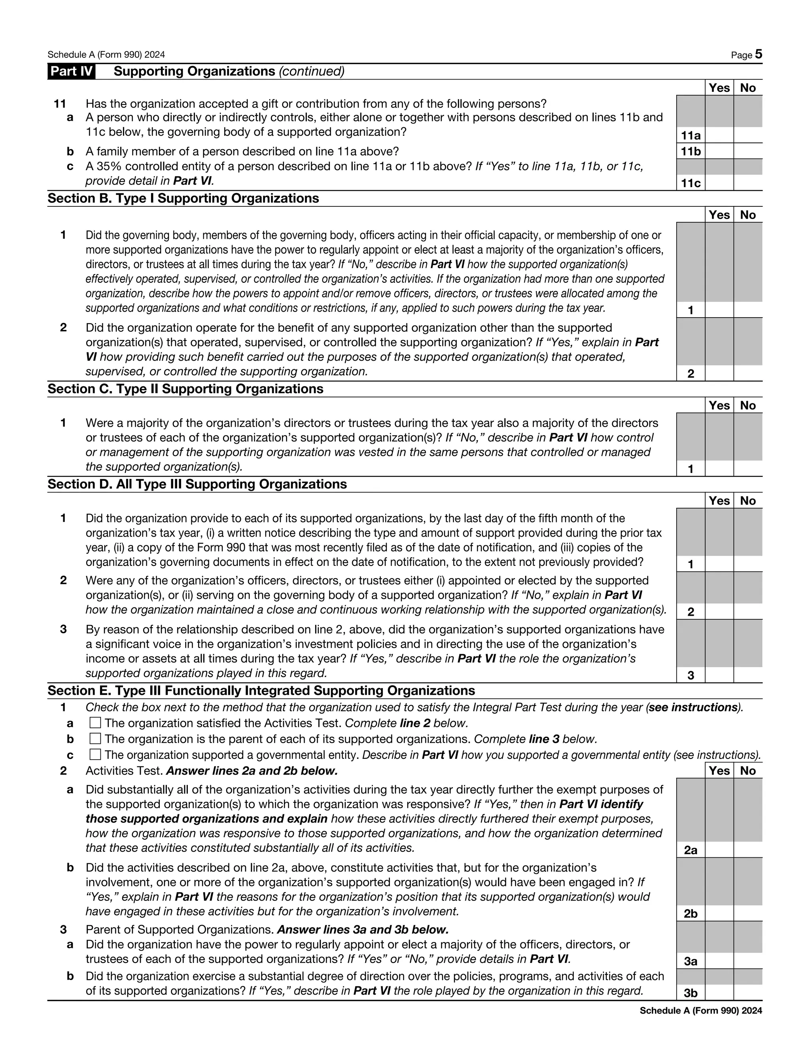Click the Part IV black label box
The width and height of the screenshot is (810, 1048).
[x=71, y=72]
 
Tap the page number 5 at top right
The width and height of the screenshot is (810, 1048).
[x=758, y=54]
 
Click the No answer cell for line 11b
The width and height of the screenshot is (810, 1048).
[x=748, y=151]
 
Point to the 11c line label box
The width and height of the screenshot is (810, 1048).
[x=691, y=183]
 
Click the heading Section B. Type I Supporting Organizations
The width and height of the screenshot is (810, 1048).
[x=183, y=199]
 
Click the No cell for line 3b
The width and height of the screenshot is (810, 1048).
[x=748, y=992]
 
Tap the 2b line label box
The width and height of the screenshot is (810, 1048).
[x=691, y=914]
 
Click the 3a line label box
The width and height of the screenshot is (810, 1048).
[x=691, y=961]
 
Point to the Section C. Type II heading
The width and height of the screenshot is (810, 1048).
[x=185, y=389]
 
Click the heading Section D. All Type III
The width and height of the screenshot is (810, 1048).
[x=197, y=484]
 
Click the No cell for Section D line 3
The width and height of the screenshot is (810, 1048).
[x=748, y=675]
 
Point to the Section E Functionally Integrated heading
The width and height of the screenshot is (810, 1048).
[x=261, y=690]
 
